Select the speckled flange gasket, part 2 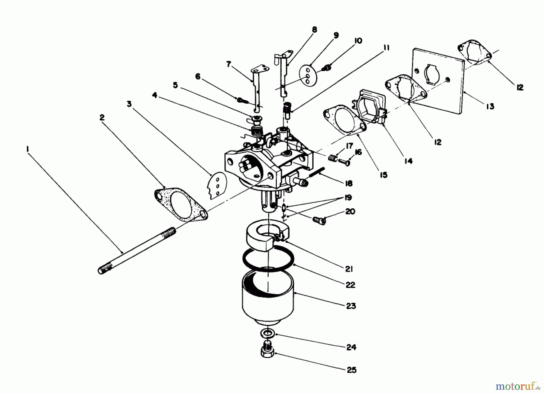click(x=181, y=208)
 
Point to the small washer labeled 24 click(x=267, y=334)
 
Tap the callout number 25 click(x=351, y=370)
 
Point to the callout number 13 click(x=490, y=106)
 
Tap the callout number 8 click(x=314, y=30)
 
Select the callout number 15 click(x=384, y=175)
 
